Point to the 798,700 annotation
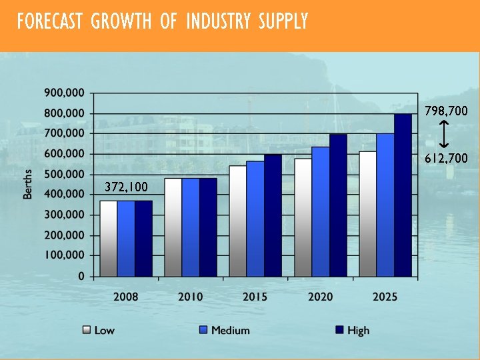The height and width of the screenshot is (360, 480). tap(446, 111)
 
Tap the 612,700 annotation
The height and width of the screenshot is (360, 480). tap(446, 159)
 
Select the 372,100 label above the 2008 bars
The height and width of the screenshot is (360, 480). tap(126, 187)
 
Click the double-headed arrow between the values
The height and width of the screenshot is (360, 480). tap(445, 135)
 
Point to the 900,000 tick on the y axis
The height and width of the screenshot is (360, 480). tap(64, 93)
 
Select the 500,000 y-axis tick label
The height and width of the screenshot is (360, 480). tap(64, 174)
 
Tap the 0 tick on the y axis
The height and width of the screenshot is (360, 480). tap(81, 276)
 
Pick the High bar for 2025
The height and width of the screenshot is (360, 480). tap(403, 195)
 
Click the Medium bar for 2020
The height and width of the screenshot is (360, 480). tap(321, 211)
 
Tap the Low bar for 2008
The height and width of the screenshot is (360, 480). tap(109, 238)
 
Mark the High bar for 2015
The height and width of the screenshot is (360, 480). tap(273, 215)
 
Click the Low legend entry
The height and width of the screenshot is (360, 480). tap(97, 330)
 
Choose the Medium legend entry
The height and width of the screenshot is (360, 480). tap(225, 330)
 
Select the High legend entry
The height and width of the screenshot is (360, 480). tap(351, 330)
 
